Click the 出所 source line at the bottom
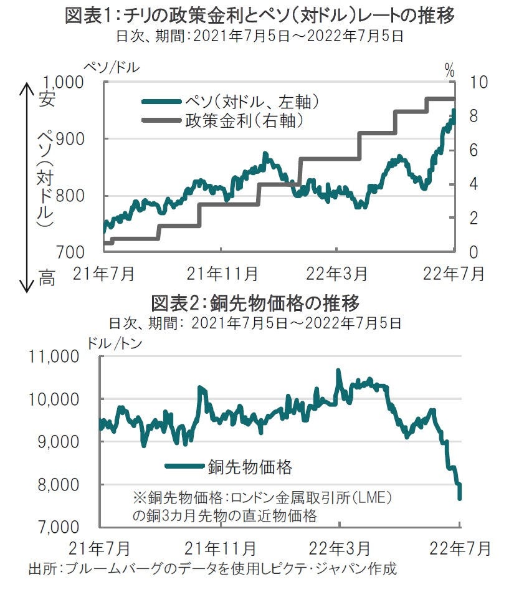[x=212, y=569]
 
